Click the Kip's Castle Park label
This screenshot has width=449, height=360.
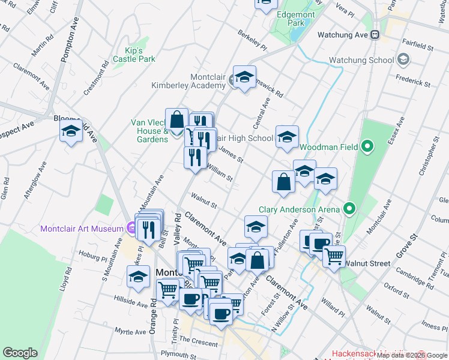139,55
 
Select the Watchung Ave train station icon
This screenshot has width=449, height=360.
375,35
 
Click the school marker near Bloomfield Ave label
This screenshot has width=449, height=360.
71,131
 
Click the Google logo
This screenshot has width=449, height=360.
20,353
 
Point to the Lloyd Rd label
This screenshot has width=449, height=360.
65,280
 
